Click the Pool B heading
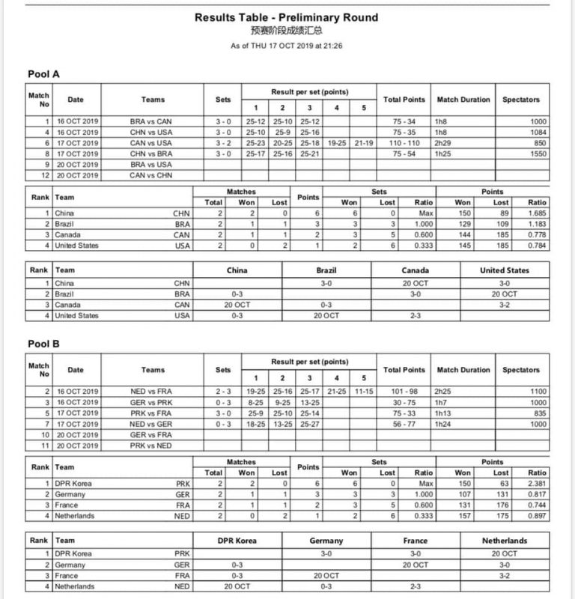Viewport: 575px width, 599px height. (x=43, y=345)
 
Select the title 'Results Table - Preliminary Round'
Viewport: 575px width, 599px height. (x=287, y=17)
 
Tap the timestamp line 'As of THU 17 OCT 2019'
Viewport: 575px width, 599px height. (x=287, y=46)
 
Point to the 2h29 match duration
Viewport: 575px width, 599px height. (x=448, y=142)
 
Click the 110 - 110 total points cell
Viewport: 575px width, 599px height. (x=404, y=142)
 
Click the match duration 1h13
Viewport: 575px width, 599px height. (x=448, y=413)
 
